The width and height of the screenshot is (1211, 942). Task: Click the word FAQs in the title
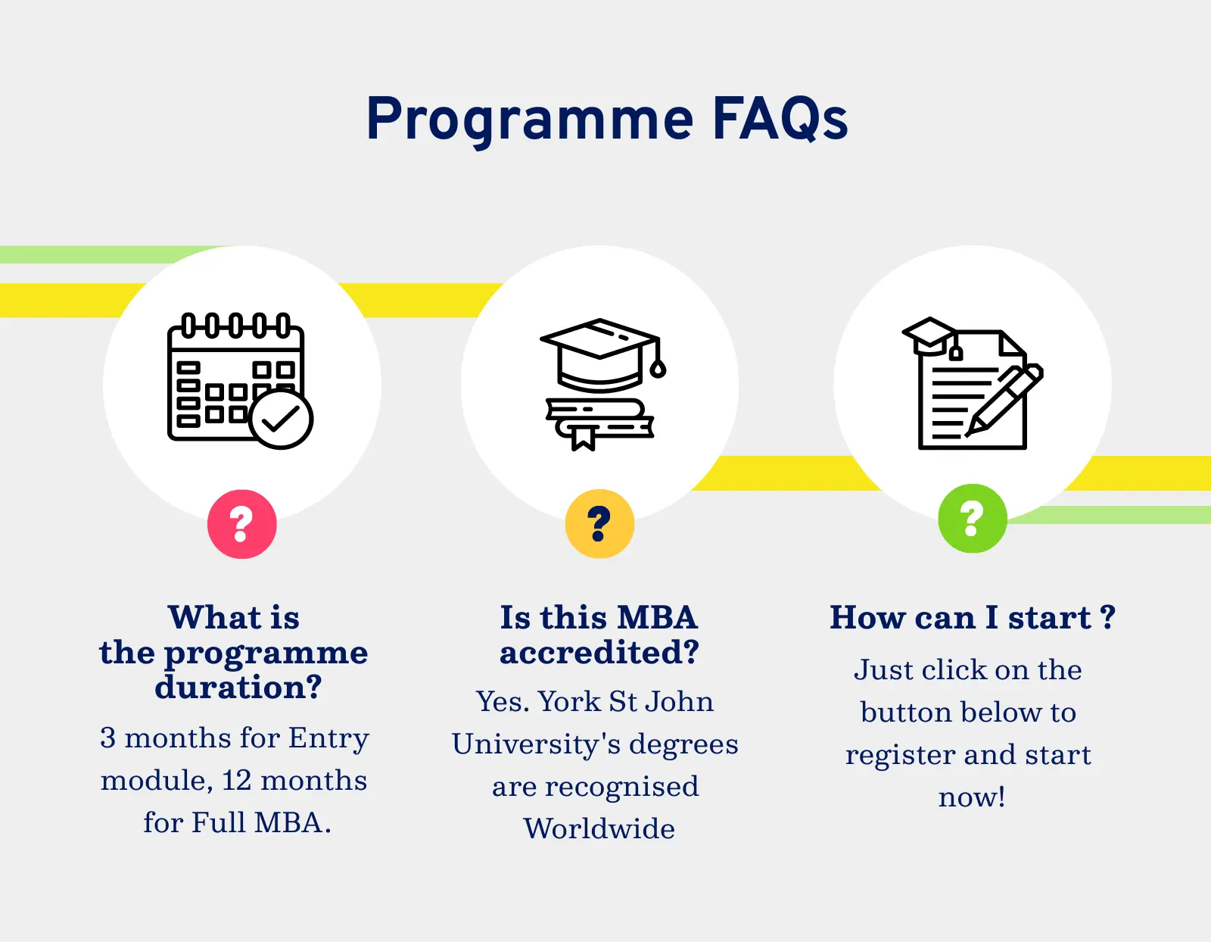click(780, 118)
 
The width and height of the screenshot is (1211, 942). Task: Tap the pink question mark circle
click(242, 524)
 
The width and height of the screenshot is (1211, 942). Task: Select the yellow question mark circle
click(599, 524)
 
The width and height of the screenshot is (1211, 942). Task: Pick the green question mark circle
click(973, 519)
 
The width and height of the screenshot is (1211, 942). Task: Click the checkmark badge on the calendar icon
click(281, 420)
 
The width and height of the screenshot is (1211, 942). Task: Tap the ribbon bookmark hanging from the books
click(584, 438)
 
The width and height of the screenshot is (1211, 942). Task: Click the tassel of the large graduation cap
click(658, 357)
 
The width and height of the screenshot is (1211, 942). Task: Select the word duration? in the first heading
click(238, 687)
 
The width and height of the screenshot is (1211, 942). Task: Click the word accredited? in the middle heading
click(599, 651)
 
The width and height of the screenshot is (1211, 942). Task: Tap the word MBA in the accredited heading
click(658, 618)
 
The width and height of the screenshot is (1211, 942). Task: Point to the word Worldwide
click(599, 828)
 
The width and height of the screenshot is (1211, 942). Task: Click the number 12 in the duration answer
click(236, 781)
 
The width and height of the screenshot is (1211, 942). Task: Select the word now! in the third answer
click(972, 797)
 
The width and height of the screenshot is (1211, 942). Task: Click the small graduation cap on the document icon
click(929, 336)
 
